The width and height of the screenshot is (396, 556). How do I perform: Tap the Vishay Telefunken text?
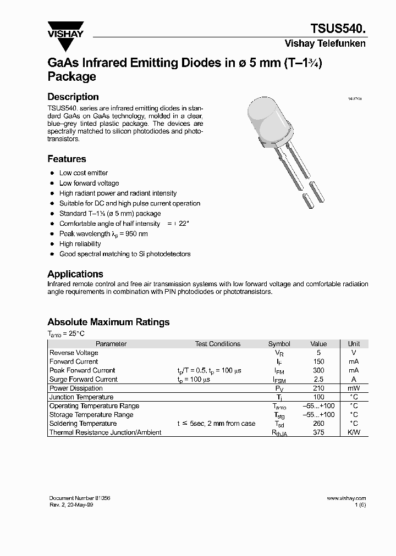click(x=325, y=43)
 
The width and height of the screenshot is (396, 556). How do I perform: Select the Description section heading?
click(x=73, y=97)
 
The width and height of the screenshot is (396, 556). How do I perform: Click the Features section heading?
click(x=67, y=159)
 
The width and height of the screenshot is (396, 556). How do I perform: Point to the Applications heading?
click(x=75, y=274)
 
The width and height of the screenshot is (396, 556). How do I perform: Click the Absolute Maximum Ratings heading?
click(x=108, y=322)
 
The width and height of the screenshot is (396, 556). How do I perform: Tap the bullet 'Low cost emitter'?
click(x=84, y=173)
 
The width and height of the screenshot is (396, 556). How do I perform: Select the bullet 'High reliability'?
click(x=80, y=244)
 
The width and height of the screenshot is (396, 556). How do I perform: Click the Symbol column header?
click(x=279, y=344)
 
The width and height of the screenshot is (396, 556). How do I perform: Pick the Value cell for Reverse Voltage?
click(x=318, y=353)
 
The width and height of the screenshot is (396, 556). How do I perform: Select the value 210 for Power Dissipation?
click(x=318, y=388)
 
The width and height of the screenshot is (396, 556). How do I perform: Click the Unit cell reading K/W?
click(x=354, y=432)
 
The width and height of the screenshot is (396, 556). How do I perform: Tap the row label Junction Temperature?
click(x=81, y=397)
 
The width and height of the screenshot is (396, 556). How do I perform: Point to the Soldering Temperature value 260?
click(x=318, y=424)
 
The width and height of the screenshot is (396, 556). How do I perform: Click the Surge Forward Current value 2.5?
click(x=318, y=379)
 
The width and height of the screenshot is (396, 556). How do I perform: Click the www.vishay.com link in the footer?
click(x=346, y=498)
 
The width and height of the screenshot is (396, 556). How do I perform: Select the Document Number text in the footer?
click(x=80, y=498)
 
